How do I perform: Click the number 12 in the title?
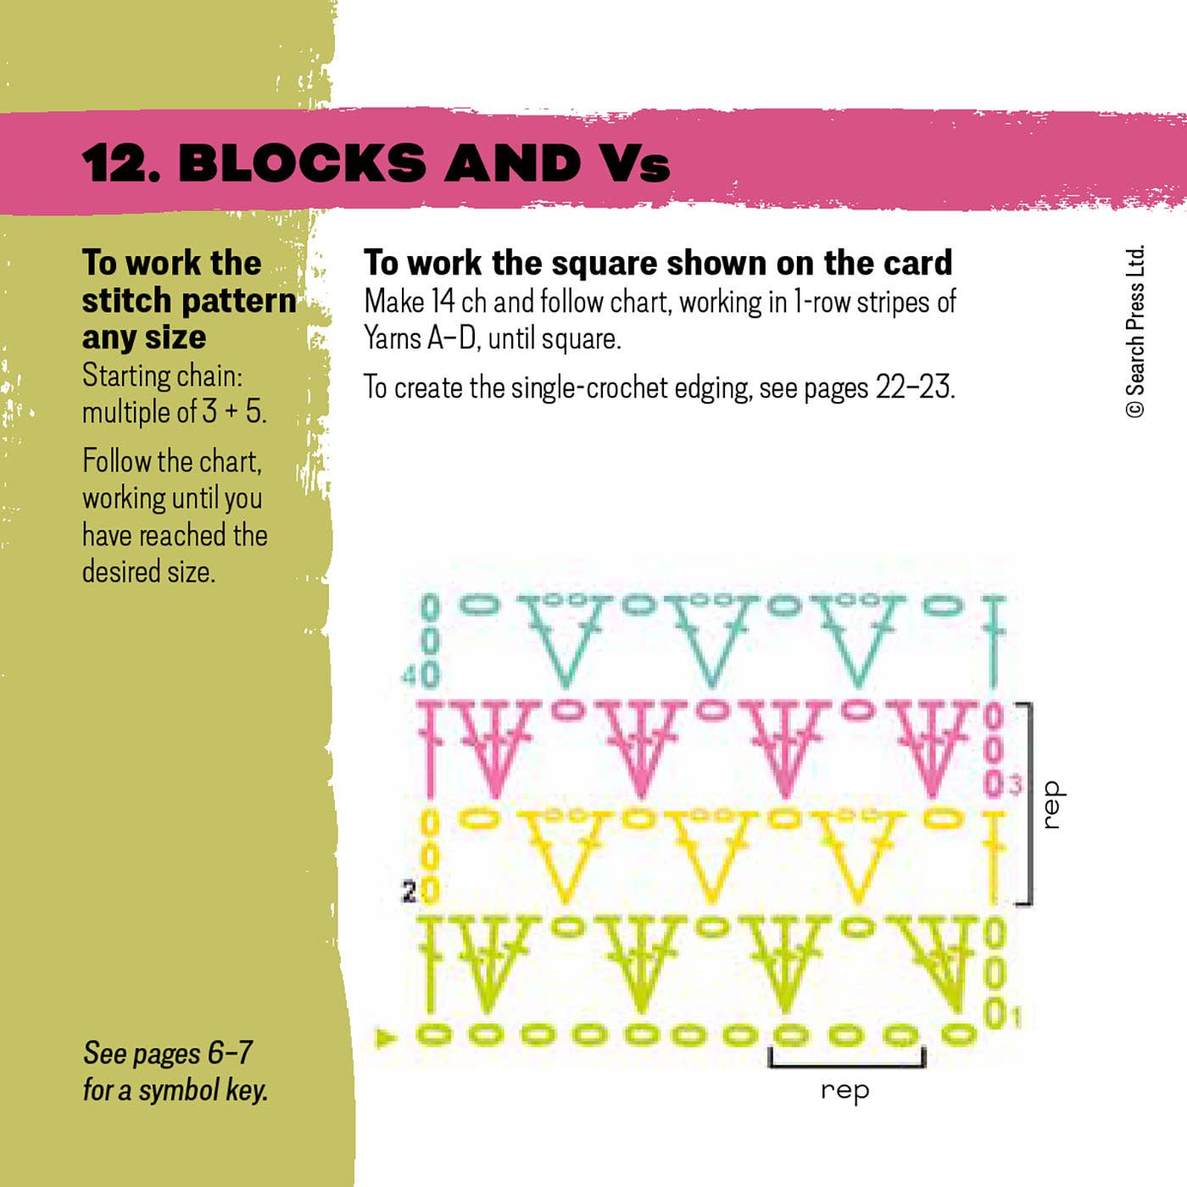[114, 163]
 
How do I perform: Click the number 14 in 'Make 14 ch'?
[443, 302]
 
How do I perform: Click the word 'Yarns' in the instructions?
[392, 338]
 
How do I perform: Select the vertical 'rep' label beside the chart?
[1051, 805]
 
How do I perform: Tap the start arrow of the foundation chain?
[387, 1036]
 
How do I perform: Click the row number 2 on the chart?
[409, 892]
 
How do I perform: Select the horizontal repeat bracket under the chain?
[846, 1060]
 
